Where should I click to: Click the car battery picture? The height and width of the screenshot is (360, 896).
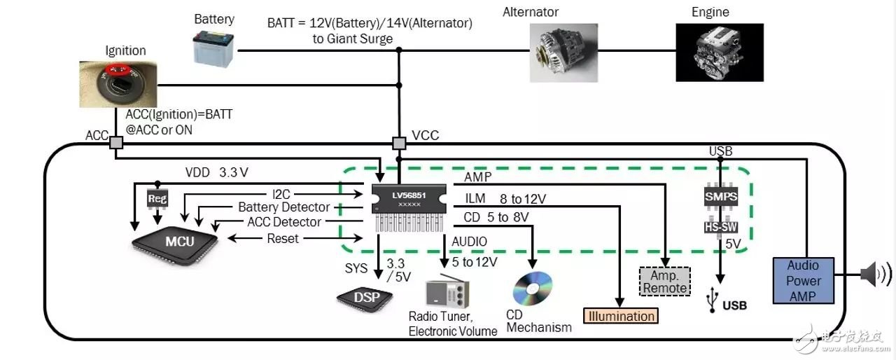[x=213, y=49]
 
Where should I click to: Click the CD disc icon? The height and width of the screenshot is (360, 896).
[x=532, y=288]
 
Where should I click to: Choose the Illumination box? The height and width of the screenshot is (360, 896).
[x=621, y=316]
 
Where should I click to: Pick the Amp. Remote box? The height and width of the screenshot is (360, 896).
[x=664, y=281]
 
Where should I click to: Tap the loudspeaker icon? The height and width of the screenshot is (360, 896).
[x=870, y=273]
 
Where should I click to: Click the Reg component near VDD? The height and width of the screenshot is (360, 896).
[x=156, y=199]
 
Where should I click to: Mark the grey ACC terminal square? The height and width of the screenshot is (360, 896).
[x=115, y=142]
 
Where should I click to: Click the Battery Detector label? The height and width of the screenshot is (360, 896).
[x=283, y=207]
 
